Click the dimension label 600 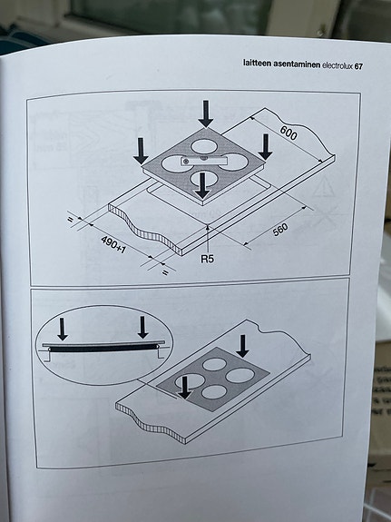click(288, 133)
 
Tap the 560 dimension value click(282, 233)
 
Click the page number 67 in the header click(358, 65)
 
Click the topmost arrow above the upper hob click(207, 113)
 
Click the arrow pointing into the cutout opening click(202, 185)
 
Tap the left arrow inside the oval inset click(63, 328)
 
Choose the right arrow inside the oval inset click(142, 328)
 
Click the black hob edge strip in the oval click(100, 348)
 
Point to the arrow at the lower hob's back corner click(242, 346)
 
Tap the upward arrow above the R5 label click(210, 234)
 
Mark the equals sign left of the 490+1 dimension click(69, 218)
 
